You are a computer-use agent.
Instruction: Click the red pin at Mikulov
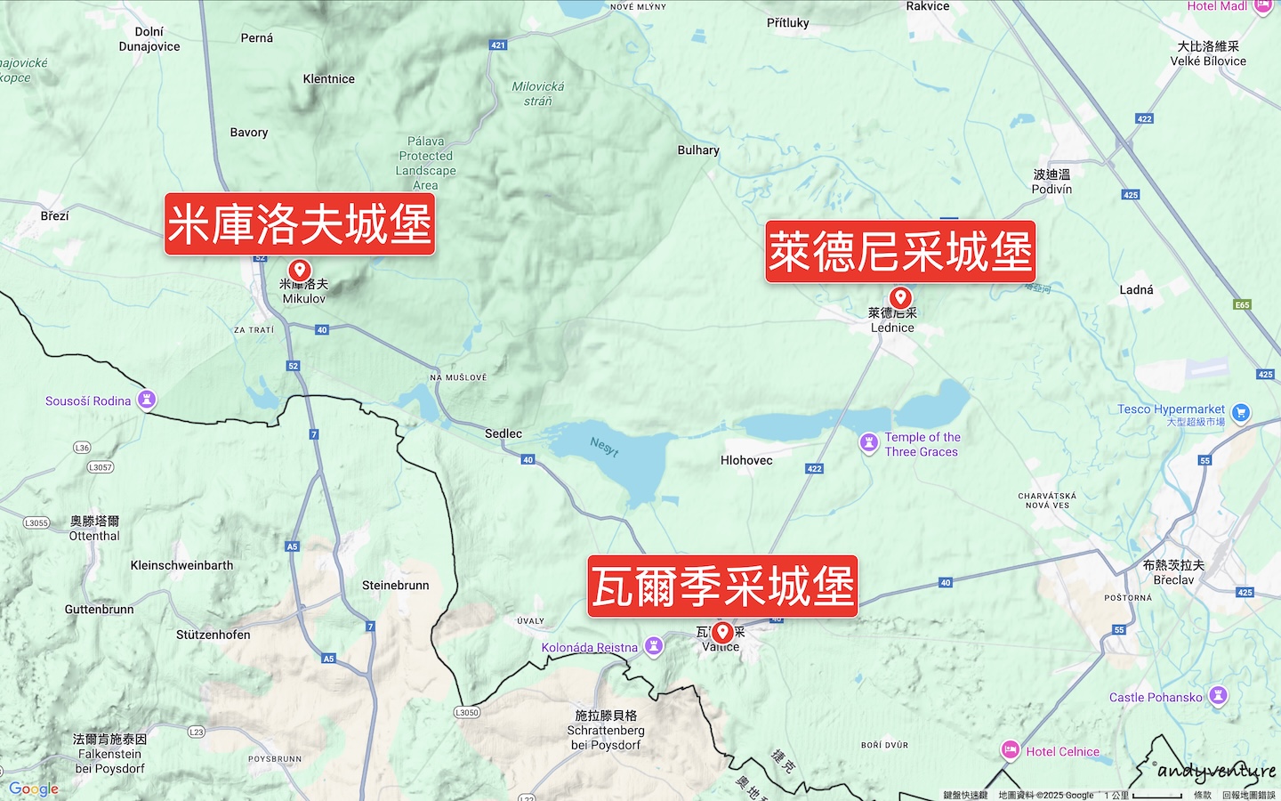[x=300, y=270]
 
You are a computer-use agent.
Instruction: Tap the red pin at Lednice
[x=900, y=297]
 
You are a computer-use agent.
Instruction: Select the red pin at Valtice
[x=722, y=632]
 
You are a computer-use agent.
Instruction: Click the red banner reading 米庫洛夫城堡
[x=300, y=224]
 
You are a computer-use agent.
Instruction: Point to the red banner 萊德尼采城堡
[x=900, y=252]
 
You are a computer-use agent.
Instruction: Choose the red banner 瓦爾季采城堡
[x=722, y=587]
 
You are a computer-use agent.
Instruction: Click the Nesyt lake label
[x=604, y=447]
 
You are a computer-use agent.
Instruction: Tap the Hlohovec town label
[x=746, y=460]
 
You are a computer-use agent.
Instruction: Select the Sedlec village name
[x=504, y=433]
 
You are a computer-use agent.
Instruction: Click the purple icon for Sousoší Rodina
[x=147, y=400]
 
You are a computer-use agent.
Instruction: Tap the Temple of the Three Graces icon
[x=869, y=442]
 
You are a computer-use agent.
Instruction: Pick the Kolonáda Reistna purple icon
[x=654, y=646]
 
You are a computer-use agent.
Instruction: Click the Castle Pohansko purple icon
[x=1219, y=695]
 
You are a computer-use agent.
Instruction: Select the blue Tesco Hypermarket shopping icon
[x=1241, y=412]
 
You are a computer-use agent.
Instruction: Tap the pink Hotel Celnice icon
[x=1011, y=750]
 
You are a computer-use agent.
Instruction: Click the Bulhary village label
[x=698, y=150]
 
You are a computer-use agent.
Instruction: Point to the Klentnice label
[x=328, y=79]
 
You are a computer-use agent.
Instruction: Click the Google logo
[x=34, y=789]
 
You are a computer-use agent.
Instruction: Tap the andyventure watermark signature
[x=1215, y=770]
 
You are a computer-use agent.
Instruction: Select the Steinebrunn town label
[x=395, y=586]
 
